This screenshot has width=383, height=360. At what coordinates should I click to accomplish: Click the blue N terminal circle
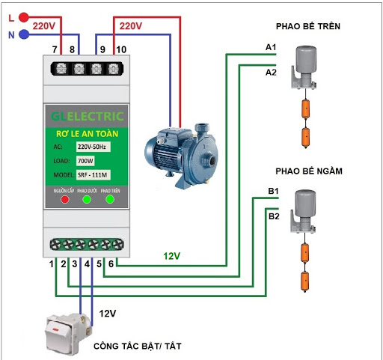tap(25, 34)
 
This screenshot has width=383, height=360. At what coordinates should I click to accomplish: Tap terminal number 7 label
tap(55, 50)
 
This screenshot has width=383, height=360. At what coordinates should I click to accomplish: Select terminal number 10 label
tap(122, 50)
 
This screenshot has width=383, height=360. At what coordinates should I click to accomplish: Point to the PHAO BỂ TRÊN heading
tap(308, 27)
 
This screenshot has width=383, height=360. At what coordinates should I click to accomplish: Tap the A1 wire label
tap(271, 47)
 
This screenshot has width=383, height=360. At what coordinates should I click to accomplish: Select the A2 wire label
tap(271, 73)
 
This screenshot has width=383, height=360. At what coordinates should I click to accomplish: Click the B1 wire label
tap(274, 192)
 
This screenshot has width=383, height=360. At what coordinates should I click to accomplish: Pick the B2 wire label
tap(274, 216)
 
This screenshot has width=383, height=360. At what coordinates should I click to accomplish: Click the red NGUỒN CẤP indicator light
tap(64, 200)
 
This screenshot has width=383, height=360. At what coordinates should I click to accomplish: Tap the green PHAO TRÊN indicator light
tap(110, 200)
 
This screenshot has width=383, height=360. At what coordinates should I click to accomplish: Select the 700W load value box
tap(86, 161)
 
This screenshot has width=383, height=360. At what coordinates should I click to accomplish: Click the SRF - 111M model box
tap(94, 175)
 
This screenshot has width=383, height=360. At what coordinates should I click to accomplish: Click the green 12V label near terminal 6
tap(173, 256)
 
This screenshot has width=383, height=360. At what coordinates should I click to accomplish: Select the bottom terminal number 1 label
tap(52, 263)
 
